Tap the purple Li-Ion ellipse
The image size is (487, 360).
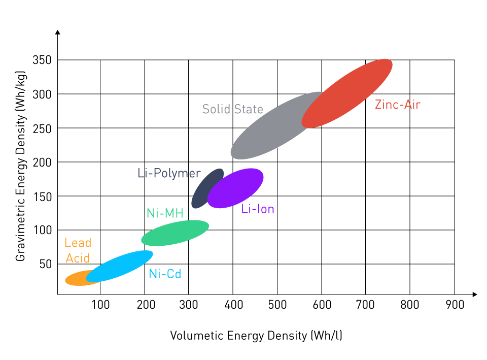[235, 188]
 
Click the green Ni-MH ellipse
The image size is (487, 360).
[175, 233]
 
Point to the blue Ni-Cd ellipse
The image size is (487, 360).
[120, 266]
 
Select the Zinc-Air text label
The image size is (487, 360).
[398, 105]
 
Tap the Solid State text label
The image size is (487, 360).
[232, 109]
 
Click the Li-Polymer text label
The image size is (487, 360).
[169, 173]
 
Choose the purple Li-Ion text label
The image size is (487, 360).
[258, 209]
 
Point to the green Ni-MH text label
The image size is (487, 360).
[164, 213]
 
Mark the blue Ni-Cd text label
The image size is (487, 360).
[165, 274]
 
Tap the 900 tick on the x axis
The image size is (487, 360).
[454, 305]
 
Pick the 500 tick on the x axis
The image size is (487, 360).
[276, 305]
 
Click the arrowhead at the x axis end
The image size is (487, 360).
[474, 294]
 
